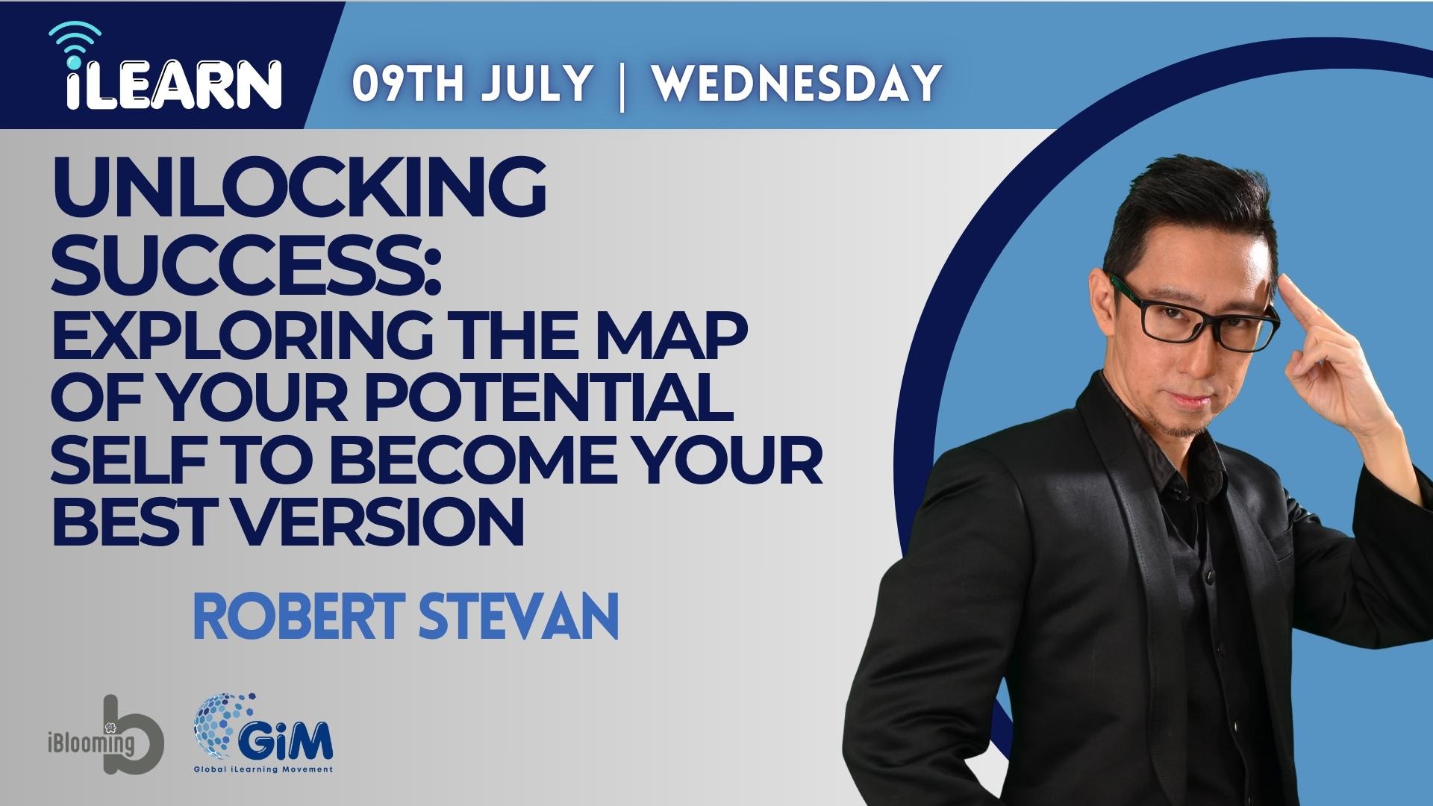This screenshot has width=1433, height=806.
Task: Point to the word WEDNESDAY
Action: (x=796, y=83)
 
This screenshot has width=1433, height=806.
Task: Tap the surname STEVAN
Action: (x=519, y=616)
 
